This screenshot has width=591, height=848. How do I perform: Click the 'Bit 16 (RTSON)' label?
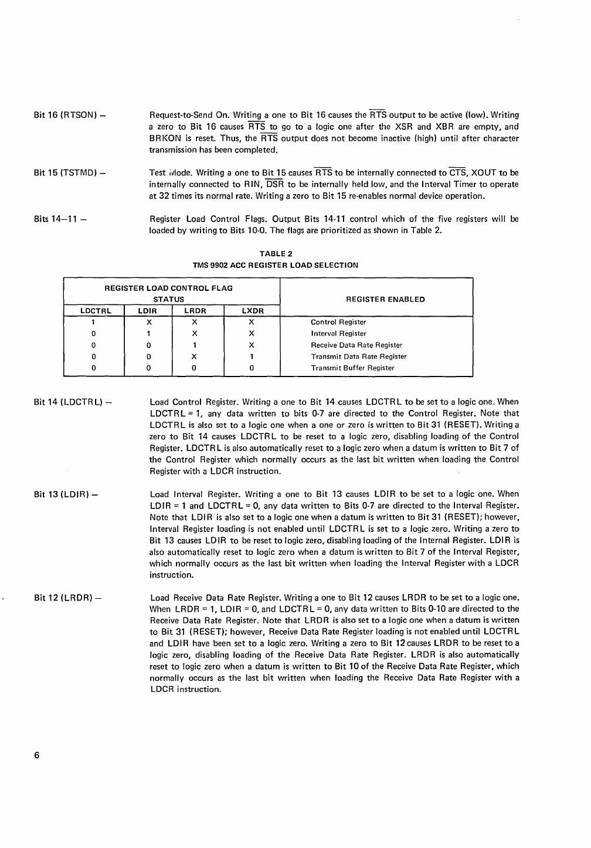pos(69,115)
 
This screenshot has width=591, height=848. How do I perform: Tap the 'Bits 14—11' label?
pos(60,219)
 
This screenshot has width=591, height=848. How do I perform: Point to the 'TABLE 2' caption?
pos(276,254)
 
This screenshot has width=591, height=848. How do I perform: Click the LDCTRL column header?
pos(94,311)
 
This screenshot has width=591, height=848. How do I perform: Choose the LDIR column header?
pos(148,311)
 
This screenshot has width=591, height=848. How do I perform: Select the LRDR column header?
pos(196,311)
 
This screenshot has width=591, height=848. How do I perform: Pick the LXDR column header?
pos(253,311)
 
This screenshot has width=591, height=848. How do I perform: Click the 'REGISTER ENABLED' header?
pos(385,300)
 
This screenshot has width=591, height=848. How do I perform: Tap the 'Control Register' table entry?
pos(338,323)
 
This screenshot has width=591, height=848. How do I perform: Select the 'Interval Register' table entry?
pos(338,334)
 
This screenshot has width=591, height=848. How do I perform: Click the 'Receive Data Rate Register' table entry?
pos(356,345)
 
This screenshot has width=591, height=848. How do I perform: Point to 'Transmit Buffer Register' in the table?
pos(352,368)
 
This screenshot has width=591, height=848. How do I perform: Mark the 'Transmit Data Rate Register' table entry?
pos(358,357)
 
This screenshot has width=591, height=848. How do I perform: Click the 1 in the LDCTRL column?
pos(94,323)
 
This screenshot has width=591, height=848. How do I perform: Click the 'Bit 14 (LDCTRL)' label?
pos(73,402)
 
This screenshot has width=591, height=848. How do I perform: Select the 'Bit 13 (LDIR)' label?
pos(65,494)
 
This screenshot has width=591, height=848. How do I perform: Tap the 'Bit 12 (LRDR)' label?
pos(67,598)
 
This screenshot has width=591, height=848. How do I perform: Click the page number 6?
pos(36,757)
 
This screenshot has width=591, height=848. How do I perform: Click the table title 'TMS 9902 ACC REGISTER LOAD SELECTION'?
pos(276,265)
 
